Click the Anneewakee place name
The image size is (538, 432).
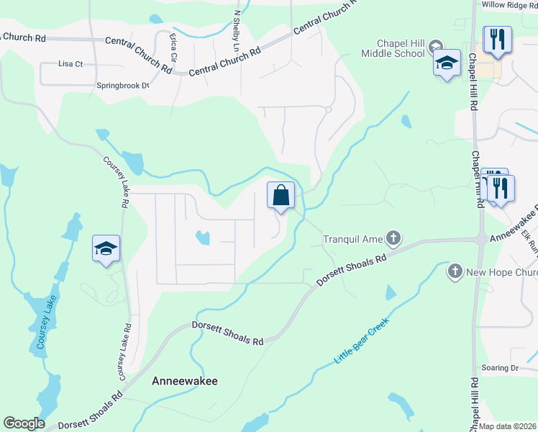pyautogui.click(x=183, y=381)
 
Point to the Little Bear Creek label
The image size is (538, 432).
pyautogui.click(x=362, y=339)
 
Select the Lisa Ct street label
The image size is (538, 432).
pyautogui.click(x=71, y=64)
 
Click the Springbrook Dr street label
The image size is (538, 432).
pyautogui.click(x=122, y=86)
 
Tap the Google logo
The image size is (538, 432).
pyautogui.click(x=24, y=423)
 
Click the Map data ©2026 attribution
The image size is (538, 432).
pyautogui.click(x=508, y=426)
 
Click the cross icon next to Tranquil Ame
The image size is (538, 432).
pyautogui.click(x=393, y=237)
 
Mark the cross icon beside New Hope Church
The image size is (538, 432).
pyautogui.click(x=455, y=271)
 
